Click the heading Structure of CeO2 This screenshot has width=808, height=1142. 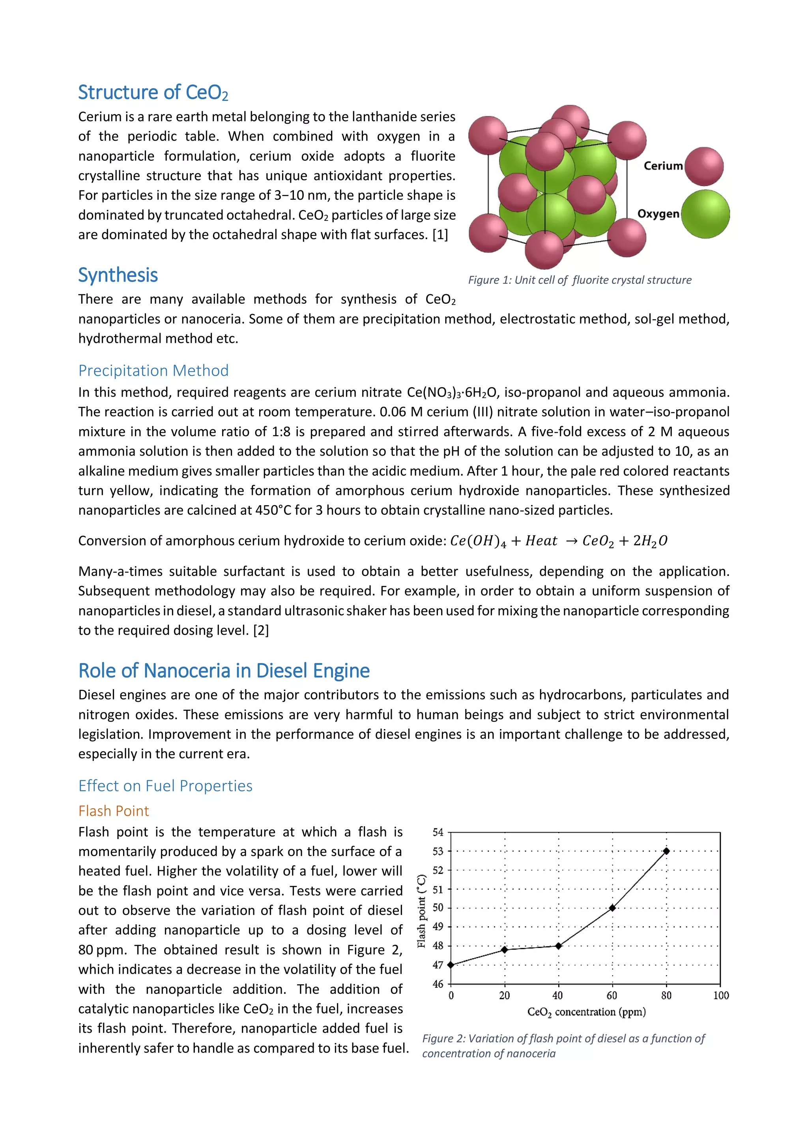(x=153, y=93)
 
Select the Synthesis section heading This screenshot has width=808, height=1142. (x=118, y=275)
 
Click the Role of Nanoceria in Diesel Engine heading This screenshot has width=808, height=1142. (x=224, y=671)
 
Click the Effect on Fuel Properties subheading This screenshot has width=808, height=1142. (x=165, y=785)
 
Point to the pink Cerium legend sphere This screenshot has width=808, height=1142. (x=704, y=166)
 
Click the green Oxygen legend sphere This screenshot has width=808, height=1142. (x=705, y=214)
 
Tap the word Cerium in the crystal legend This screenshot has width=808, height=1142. (x=663, y=166)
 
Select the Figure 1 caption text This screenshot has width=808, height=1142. (x=580, y=280)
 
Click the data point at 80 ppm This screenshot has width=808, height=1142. (x=666, y=851)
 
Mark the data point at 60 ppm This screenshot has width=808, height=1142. (x=612, y=908)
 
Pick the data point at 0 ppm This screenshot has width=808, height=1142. (x=451, y=965)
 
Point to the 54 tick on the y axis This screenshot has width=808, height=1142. (x=438, y=832)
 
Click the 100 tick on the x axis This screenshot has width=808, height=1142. (x=720, y=995)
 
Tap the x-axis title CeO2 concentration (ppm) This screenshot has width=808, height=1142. (x=586, y=1012)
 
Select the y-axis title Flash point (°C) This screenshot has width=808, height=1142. (x=422, y=911)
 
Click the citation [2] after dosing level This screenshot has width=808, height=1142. (x=261, y=630)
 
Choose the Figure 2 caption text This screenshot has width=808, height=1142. (x=563, y=1045)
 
